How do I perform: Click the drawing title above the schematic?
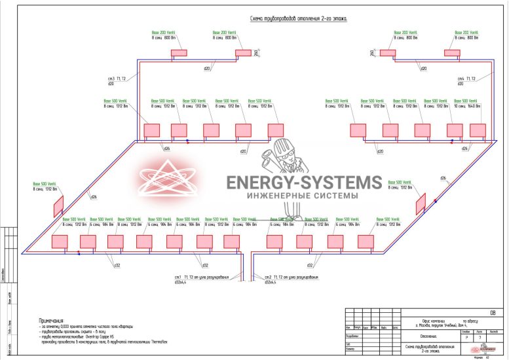pyautogui.click(x=299, y=20)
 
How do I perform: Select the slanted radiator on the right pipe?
pyautogui.click(x=420, y=204)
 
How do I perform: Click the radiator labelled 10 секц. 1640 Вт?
pyautogui.click(x=478, y=130)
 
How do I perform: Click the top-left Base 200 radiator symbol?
pyautogui.click(x=179, y=52)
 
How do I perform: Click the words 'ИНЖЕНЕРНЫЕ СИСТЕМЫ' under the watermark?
pyautogui.click(x=302, y=196)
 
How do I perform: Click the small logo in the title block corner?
pyautogui.click(x=483, y=350)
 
